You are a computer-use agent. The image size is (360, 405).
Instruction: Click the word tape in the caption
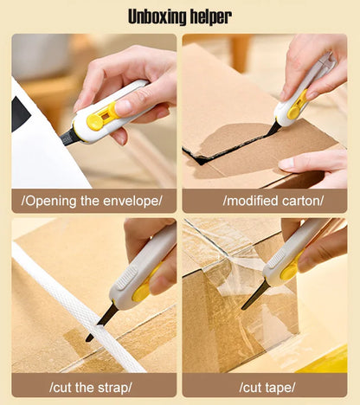coord(279,386)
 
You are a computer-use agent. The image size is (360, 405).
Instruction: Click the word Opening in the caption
coord(53,201)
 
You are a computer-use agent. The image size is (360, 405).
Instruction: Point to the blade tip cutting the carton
coord(273,130)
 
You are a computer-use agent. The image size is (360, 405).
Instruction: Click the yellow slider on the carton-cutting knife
coord(296,105)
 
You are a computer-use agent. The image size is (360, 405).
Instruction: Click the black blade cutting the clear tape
coord(255,296)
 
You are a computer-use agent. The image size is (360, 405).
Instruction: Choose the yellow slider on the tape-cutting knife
coord(289,271)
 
